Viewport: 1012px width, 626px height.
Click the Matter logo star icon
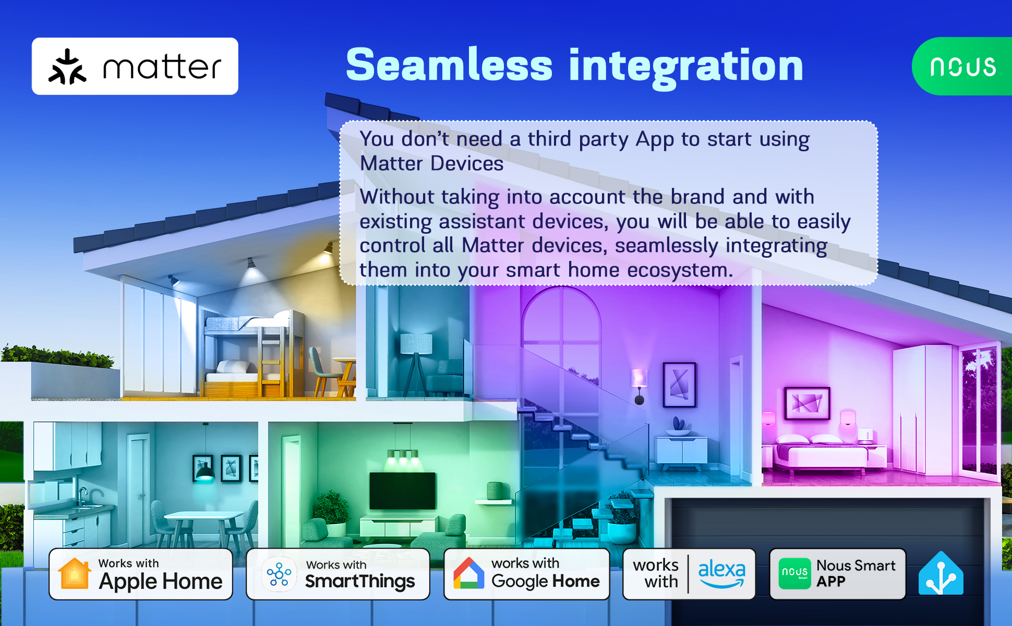(67, 67)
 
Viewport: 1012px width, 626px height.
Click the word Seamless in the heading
(449, 65)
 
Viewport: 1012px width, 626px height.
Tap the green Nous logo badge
(962, 66)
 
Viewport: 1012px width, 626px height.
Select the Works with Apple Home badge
(141, 574)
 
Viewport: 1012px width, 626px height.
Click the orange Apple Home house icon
(75, 573)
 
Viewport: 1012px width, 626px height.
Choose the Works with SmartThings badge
(338, 574)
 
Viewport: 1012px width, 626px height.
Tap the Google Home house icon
(468, 573)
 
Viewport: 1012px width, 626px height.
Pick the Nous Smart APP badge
(838, 574)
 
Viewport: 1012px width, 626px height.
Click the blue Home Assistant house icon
(941, 573)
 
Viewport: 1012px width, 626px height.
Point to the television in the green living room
(402, 491)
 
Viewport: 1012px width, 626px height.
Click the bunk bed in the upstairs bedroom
(254, 355)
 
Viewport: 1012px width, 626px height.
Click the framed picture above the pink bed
(808, 403)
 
